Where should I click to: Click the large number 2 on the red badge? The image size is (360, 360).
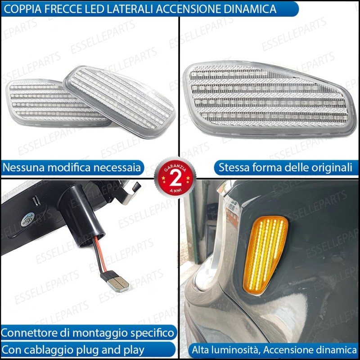[175, 178]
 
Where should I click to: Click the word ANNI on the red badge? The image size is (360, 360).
[175, 190]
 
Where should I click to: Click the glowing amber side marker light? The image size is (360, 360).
[265, 255]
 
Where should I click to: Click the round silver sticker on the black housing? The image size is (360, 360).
[27, 220]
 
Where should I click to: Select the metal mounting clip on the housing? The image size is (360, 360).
[130, 193]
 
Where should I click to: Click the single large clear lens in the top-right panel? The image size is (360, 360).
[270, 99]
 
